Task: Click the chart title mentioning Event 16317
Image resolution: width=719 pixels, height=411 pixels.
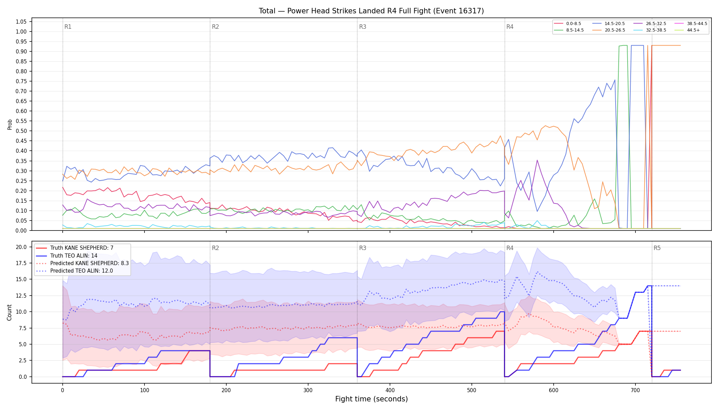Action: coord(371,11)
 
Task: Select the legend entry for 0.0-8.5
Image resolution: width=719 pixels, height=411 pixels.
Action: coord(567,24)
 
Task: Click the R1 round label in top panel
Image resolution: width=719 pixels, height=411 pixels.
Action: coord(68,27)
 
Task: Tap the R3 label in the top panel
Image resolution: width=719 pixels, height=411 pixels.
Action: coord(363,27)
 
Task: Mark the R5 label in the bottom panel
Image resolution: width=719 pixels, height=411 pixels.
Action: coord(657,248)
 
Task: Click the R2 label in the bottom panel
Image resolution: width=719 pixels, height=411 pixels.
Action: coord(215,248)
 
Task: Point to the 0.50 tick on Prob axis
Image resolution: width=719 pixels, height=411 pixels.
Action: coord(21,131)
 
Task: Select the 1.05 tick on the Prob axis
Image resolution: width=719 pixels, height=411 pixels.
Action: coord(21,22)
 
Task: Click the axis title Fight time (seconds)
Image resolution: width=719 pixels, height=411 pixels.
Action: coord(371,399)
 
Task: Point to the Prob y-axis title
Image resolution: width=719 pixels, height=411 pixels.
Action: coord(10,124)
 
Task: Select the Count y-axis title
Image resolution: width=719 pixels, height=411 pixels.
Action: coord(9,312)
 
